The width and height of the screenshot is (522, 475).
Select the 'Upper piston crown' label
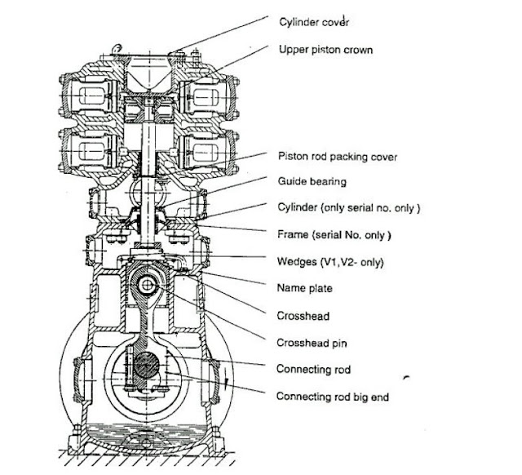[x=325, y=50]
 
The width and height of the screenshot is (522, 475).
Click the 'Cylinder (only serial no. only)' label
[x=348, y=207]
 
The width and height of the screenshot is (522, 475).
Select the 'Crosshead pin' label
[x=311, y=342]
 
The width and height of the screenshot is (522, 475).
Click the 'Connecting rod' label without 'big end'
[x=314, y=369]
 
